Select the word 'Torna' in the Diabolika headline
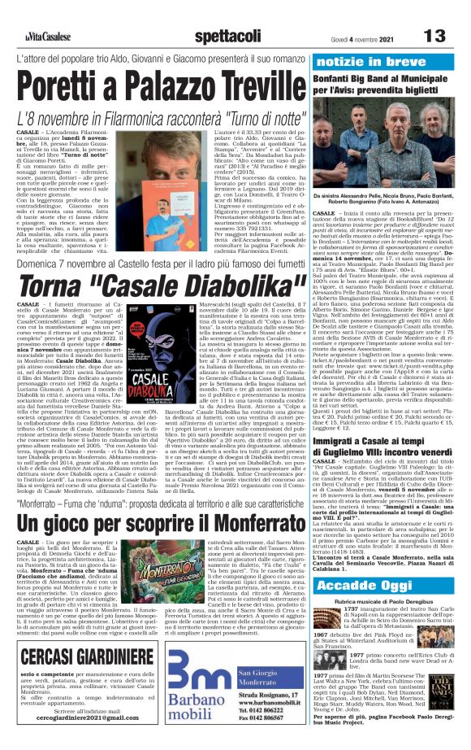tap(78, 281)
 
